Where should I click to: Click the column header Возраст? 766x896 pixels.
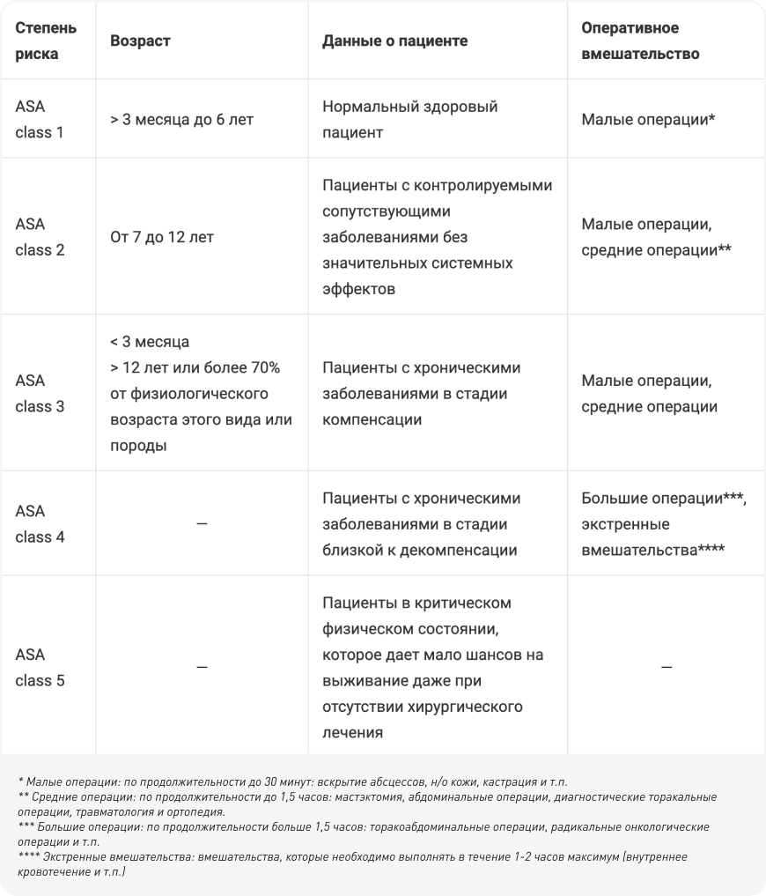(141, 41)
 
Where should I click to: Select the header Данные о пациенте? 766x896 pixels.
(395, 41)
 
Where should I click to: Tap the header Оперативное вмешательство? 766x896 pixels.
(640, 41)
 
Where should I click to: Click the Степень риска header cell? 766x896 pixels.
(46, 41)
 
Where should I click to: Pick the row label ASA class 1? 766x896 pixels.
(40, 119)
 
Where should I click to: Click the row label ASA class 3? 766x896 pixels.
(40, 394)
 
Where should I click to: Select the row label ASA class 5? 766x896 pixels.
(40, 668)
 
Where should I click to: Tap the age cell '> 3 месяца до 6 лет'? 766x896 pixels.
(182, 119)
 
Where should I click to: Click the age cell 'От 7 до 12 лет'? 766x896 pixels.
(162, 236)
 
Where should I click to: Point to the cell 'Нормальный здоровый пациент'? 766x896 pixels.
(410, 119)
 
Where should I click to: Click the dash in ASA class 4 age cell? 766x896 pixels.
(202, 524)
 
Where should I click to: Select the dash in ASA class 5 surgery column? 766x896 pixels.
(666, 668)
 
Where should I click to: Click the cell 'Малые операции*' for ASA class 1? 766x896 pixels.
(647, 119)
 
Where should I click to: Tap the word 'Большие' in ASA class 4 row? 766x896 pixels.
(615, 498)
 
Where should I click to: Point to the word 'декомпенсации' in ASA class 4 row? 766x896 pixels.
(466, 551)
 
